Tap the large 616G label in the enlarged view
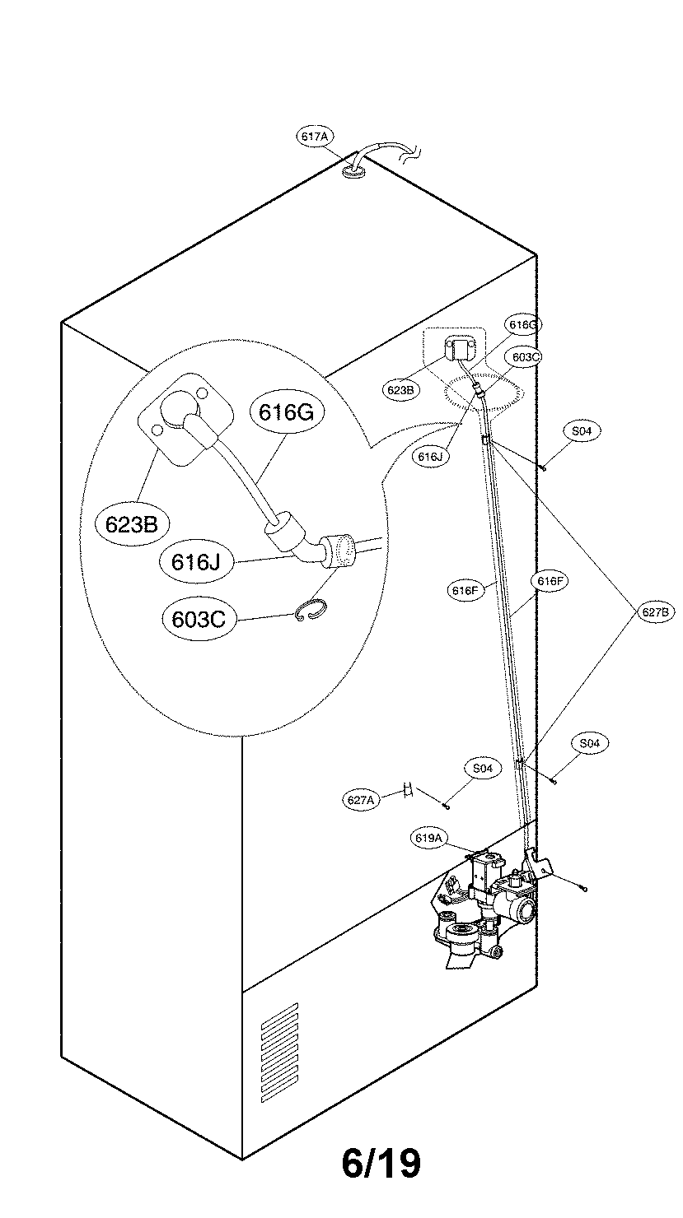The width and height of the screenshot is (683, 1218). click(x=286, y=412)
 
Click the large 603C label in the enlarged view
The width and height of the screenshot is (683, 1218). click(x=199, y=619)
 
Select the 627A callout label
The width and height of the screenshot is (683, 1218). click(x=360, y=798)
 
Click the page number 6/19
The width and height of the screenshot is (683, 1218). click(x=381, y=1163)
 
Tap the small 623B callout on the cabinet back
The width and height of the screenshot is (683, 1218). click(x=400, y=390)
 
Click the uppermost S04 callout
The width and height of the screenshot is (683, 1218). click(x=582, y=431)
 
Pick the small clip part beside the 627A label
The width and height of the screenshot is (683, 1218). click(x=407, y=790)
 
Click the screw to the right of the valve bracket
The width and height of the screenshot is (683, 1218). click(x=583, y=888)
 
